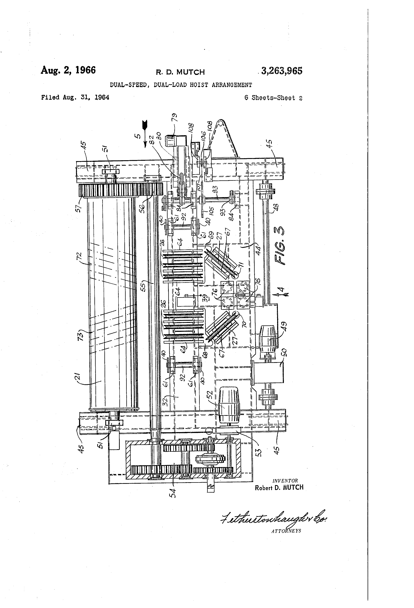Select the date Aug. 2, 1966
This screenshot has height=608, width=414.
pos(68,70)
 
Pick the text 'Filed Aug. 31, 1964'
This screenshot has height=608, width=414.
pos(75,98)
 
